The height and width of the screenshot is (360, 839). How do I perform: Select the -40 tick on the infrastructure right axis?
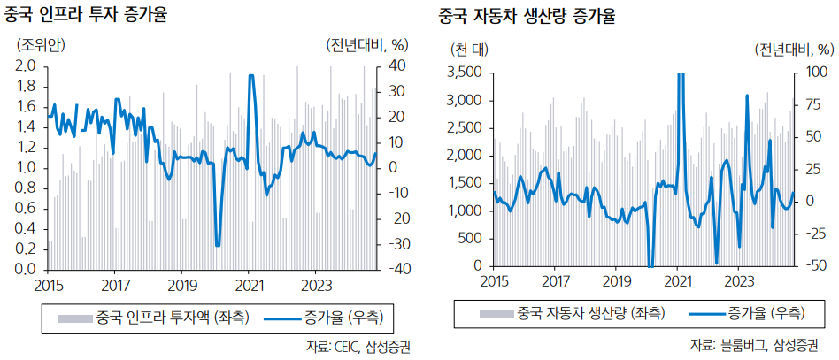click(395, 269)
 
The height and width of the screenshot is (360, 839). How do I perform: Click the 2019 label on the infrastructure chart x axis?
click(181, 285)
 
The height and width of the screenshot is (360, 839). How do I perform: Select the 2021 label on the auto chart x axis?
click(678, 282)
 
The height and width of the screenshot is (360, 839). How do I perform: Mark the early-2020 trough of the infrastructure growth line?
click(218, 245)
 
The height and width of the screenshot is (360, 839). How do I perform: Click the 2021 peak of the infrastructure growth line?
click(251, 76)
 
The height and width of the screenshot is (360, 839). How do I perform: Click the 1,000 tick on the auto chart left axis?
click(466, 211)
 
